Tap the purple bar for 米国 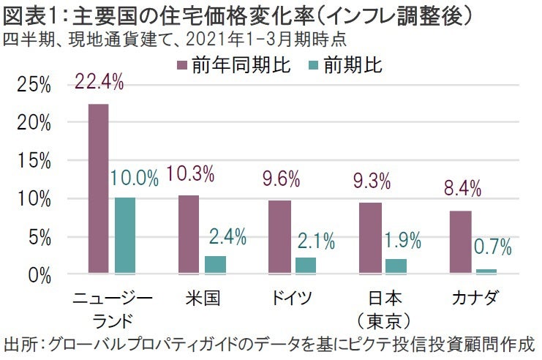click(x=189, y=234)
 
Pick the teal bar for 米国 click(x=216, y=265)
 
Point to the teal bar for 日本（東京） click(x=396, y=266)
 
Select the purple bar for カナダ click(x=460, y=242)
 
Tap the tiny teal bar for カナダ click(x=486, y=271)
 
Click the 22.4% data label click(x=99, y=83)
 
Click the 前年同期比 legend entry click(x=233, y=66)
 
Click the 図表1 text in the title click(x=29, y=13)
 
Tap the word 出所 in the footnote click(x=20, y=345)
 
